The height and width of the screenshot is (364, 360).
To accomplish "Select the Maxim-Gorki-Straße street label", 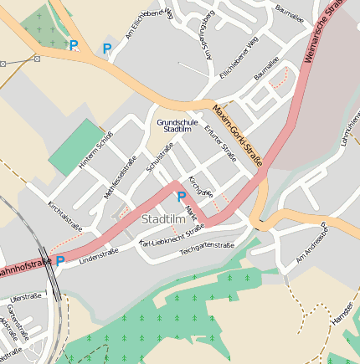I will pos(238,135).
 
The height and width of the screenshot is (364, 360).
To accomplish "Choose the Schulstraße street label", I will pos(159,158).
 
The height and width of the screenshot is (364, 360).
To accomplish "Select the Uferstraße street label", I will pos(26,297).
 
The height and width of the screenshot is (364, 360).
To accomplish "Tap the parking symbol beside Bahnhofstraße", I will pos(60,261).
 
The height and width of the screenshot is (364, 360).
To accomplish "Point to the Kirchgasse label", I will pos(197,184).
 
